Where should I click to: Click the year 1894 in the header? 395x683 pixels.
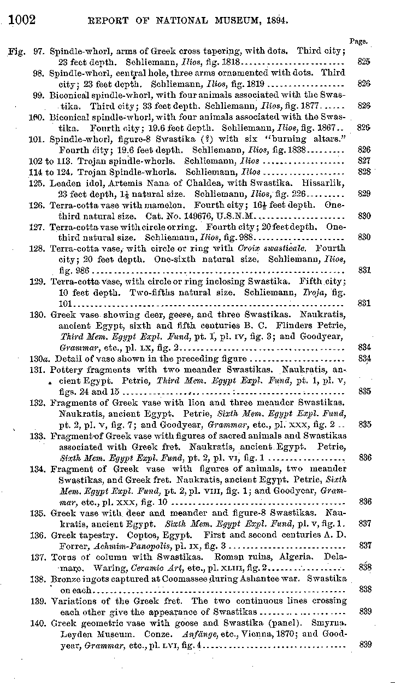click(x=275, y=21)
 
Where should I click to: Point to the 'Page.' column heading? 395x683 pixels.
click(x=358, y=41)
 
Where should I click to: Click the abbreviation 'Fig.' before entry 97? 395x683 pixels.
click(x=16, y=51)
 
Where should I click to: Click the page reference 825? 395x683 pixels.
click(x=364, y=62)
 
